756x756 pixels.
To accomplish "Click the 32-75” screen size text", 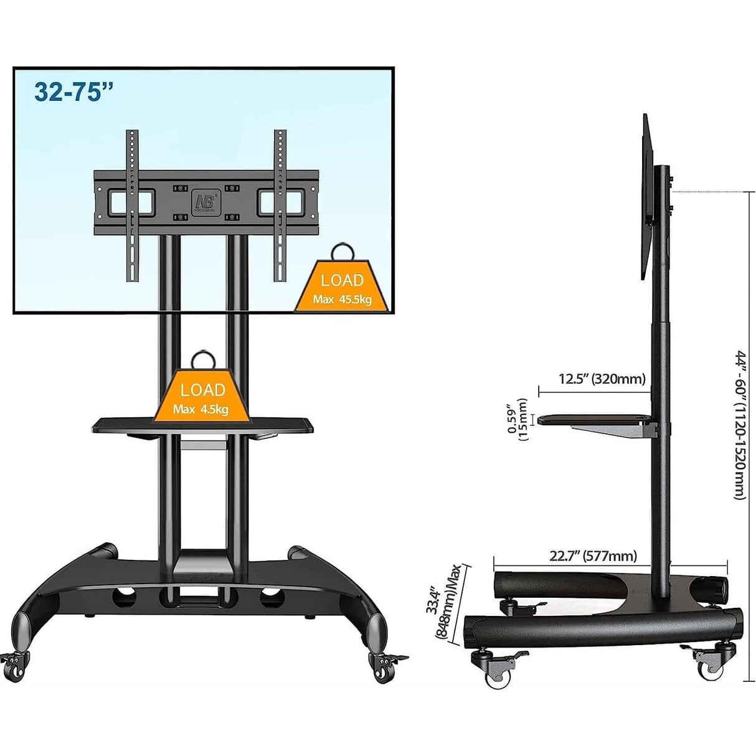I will coord(74,92).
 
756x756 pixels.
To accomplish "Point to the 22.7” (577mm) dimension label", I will coord(593,556).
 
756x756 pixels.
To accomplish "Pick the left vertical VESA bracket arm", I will coord(133,206).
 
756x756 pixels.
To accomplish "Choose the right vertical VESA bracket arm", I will coord(280,206).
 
